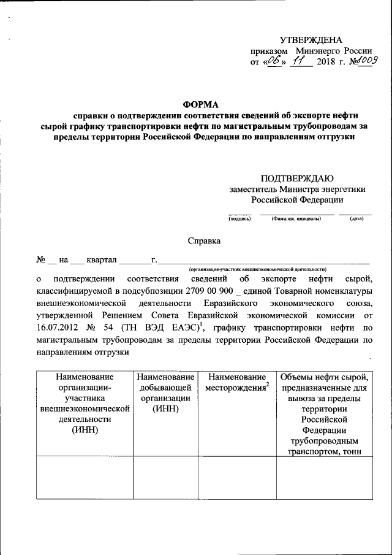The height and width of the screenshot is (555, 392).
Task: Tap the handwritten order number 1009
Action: [364, 61]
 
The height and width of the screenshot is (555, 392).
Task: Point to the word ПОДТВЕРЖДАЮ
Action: [297, 178]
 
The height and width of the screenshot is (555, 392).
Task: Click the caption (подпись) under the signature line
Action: [239, 218]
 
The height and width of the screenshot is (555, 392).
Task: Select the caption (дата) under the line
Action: [356, 218]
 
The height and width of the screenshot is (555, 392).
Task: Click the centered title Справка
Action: [204, 242]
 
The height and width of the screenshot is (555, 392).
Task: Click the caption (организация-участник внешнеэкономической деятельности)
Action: [257, 269]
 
